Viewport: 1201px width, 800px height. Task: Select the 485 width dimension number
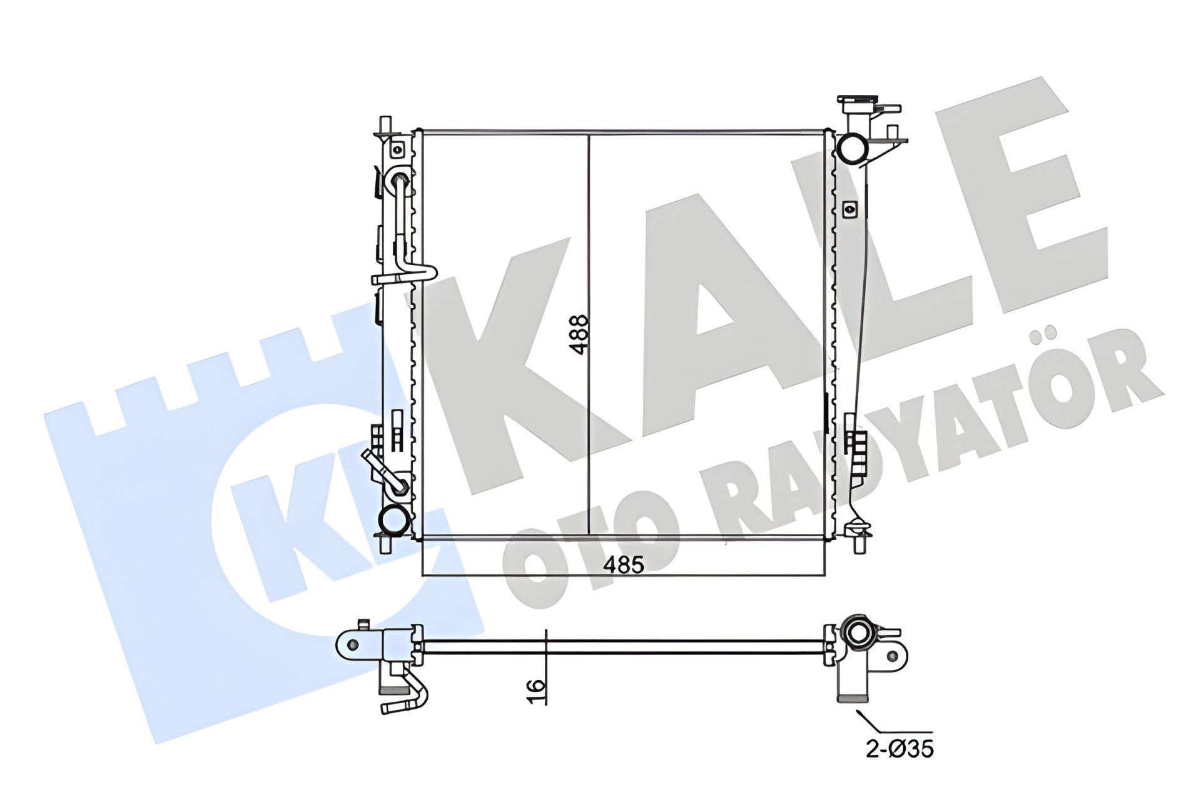point(623,564)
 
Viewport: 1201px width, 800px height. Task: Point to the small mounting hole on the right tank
point(849,209)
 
